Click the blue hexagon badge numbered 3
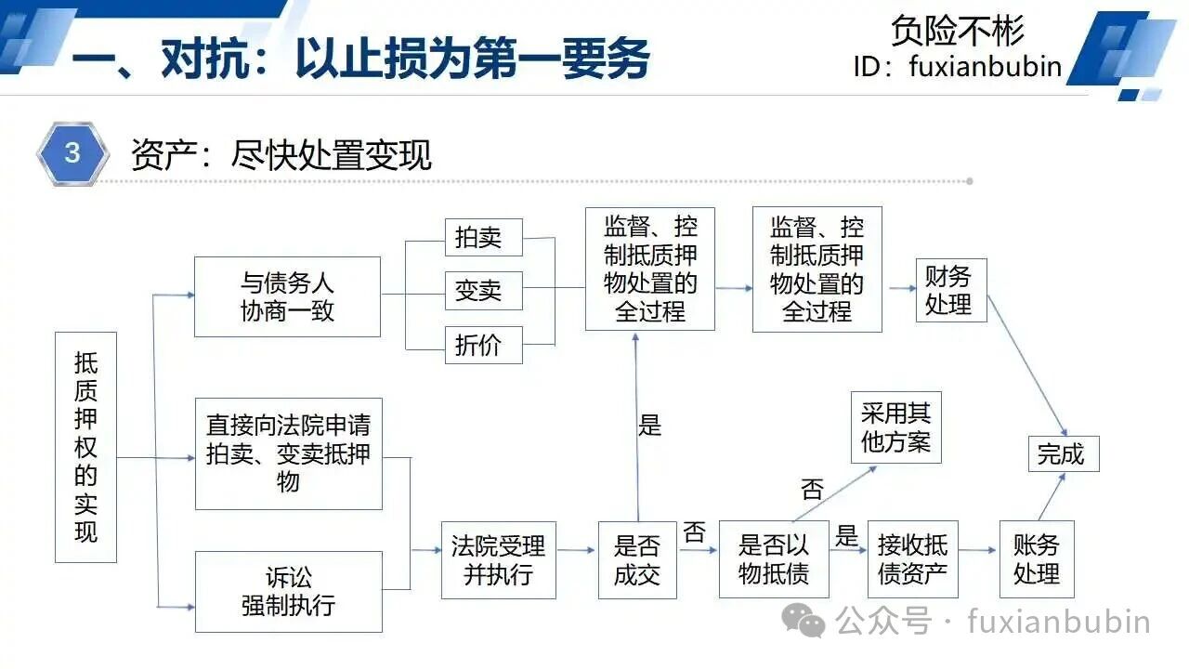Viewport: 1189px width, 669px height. tap(72, 153)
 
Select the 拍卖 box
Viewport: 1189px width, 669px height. tap(484, 237)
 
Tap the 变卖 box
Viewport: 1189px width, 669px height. tap(484, 291)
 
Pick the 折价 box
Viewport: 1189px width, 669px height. tap(484, 345)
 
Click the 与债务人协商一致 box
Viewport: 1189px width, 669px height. tap(287, 296)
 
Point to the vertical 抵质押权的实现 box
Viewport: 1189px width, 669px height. tap(86, 447)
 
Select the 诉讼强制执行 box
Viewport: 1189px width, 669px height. tap(289, 592)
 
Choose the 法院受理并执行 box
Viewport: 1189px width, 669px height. tap(499, 560)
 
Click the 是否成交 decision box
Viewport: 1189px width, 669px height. tap(637, 560)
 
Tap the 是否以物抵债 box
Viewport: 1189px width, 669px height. tap(774, 559)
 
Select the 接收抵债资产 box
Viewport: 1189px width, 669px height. tap(913, 559)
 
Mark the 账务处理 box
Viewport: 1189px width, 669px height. tap(1037, 559)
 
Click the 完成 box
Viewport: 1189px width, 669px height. tap(1064, 454)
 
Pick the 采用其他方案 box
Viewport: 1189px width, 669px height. tap(896, 427)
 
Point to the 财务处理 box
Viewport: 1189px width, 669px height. tap(951, 291)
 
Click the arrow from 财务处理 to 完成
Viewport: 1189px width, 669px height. tap(1027, 366)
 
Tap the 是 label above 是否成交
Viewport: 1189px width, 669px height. tap(649, 426)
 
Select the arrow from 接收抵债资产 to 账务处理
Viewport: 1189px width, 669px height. tap(977, 550)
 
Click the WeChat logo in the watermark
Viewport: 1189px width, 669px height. tap(804, 621)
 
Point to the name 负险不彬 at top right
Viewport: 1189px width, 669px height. tap(957, 31)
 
